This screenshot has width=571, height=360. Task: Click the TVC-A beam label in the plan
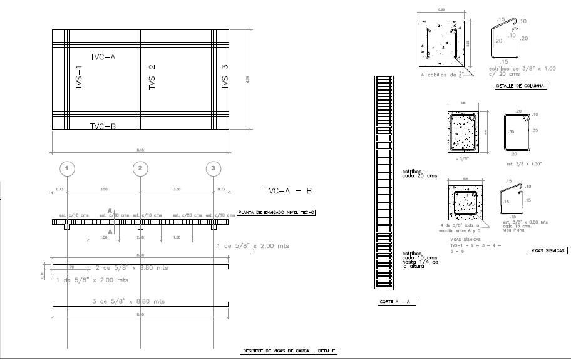click(103, 57)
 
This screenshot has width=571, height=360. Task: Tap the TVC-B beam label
click(103, 126)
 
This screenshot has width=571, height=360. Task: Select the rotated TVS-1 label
click(79, 78)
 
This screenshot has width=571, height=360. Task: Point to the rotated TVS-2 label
click(152, 78)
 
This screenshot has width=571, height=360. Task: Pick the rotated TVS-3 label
click(225, 78)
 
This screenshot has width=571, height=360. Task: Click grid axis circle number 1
click(68, 168)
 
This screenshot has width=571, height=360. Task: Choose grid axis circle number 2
click(140, 168)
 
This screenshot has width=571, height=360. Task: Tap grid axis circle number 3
click(213, 168)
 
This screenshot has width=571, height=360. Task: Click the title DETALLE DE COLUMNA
click(520, 86)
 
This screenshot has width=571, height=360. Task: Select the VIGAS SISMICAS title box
click(548, 250)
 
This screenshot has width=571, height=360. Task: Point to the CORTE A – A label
click(397, 302)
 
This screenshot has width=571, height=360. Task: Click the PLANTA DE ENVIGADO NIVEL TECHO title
click(276, 213)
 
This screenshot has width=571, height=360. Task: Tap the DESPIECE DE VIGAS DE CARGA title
click(289, 351)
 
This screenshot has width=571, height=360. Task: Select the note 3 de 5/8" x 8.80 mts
click(128, 301)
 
